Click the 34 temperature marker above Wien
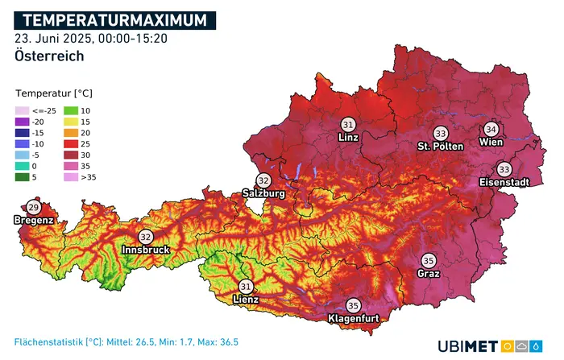(x=491, y=129)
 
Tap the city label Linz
(x=348, y=139)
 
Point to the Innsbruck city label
(x=146, y=250)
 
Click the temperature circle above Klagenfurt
(x=353, y=306)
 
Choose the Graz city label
(x=429, y=273)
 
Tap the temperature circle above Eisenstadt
(x=504, y=169)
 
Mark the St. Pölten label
(x=440, y=147)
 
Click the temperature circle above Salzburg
(x=263, y=180)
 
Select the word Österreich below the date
(x=49, y=56)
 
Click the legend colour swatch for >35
(x=71, y=176)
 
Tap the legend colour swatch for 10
(x=71, y=110)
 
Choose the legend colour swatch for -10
(x=22, y=143)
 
